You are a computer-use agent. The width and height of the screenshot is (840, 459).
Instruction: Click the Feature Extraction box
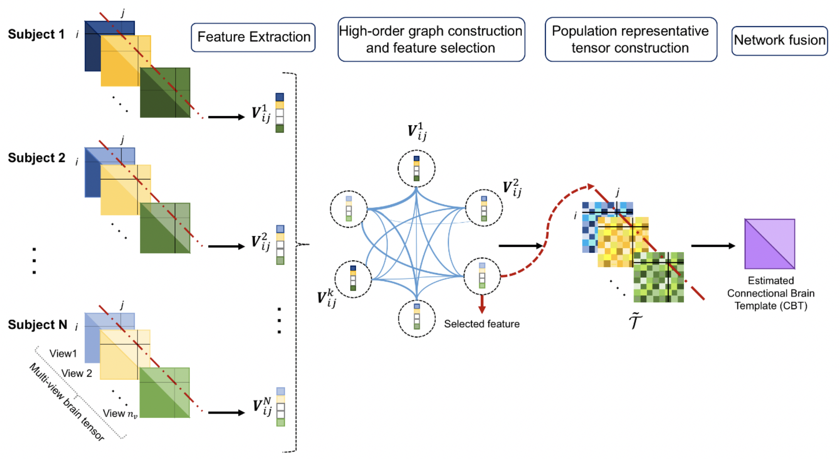pyautogui.click(x=253, y=37)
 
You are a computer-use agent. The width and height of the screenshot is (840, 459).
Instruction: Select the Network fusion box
pyautogui.click(x=779, y=40)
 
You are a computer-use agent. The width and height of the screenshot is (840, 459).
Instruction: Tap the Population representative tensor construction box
pyautogui.click(x=630, y=39)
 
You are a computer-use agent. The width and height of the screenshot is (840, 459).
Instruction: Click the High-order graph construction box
pyautogui.click(x=431, y=39)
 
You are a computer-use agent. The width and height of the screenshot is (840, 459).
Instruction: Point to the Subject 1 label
pyautogui.click(x=36, y=34)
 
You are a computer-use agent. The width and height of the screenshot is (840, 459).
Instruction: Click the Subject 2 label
pyautogui.click(x=37, y=158)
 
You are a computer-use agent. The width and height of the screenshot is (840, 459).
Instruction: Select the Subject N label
pyautogui.click(x=37, y=325)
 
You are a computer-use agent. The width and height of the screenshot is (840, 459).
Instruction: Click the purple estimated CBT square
pyautogui.click(x=769, y=244)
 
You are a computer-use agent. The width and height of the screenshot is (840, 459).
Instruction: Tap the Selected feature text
pyautogui.click(x=481, y=324)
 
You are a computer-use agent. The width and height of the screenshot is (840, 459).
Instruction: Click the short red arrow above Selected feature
pyautogui.click(x=482, y=304)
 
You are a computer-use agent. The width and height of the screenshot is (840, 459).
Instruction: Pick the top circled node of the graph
pyautogui.click(x=417, y=169)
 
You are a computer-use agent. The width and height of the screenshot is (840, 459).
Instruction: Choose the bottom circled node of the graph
pyautogui.click(x=417, y=319)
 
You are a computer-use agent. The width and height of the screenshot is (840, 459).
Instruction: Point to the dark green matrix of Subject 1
pyautogui.click(x=165, y=93)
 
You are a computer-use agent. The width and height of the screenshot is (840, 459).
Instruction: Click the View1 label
pyautogui.click(x=63, y=354)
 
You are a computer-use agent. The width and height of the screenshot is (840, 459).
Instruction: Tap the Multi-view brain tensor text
pyautogui.click(x=66, y=402)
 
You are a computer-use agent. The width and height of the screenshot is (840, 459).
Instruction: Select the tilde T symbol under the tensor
pyautogui.click(x=635, y=321)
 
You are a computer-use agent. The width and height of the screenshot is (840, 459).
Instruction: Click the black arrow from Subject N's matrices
pyautogui.click(x=226, y=413)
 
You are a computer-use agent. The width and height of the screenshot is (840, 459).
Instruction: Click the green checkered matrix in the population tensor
pyautogui.click(x=659, y=277)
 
